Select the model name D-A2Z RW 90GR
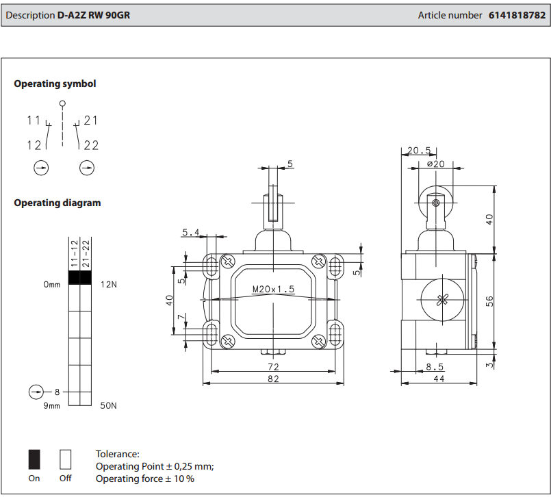click(94, 15)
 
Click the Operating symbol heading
click(55, 84)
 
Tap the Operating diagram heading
click(57, 203)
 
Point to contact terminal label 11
click(34, 120)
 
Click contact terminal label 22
click(91, 145)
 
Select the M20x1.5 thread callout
click(273, 289)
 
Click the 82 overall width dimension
click(273, 379)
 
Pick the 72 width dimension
click(273, 366)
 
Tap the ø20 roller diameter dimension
click(435, 164)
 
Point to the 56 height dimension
click(489, 301)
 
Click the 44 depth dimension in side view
click(439, 379)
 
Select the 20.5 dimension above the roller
click(419, 151)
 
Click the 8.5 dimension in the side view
click(435, 366)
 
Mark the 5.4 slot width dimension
click(190, 233)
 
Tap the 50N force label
click(108, 405)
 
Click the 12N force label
click(108, 283)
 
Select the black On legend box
click(34, 458)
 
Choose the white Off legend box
click(66, 458)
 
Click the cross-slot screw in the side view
click(442, 299)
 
